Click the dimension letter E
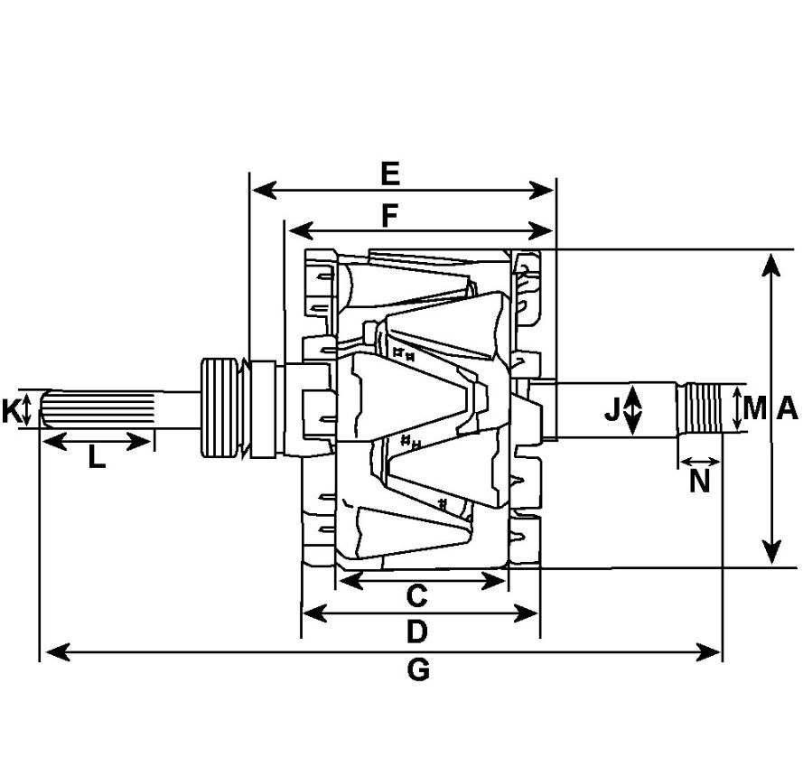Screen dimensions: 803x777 point(390,173)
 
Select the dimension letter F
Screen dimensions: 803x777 point(390,215)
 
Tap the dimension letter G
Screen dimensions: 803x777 point(418,669)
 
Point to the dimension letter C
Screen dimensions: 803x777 point(417,596)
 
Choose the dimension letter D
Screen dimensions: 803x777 point(417,631)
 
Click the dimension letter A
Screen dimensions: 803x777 point(788,408)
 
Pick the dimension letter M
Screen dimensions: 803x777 point(755,408)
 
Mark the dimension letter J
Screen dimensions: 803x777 point(612,408)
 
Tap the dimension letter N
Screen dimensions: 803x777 point(699,481)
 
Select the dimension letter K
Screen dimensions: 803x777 point(10,411)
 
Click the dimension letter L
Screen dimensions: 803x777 point(97,457)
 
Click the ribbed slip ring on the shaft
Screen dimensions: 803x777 point(219,407)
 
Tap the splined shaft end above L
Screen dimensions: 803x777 point(98,409)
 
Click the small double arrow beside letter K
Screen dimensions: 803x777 point(27,410)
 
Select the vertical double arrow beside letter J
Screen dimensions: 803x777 point(633,410)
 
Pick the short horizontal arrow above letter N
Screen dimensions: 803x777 point(700,462)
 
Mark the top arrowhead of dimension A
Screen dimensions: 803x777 point(771,265)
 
